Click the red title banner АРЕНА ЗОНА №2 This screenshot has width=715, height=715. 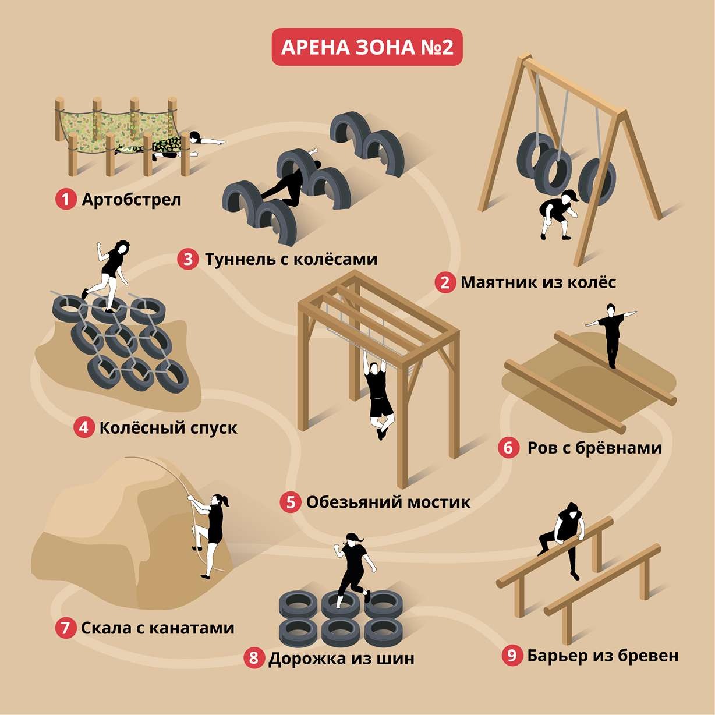pyautogui.click(x=367, y=47)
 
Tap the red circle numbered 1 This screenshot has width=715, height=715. pyautogui.click(x=66, y=200)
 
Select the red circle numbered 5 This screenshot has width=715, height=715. pyautogui.click(x=290, y=502)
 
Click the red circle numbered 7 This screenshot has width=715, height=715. pyautogui.click(x=65, y=628)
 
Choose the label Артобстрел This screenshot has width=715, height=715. pyautogui.click(x=132, y=200)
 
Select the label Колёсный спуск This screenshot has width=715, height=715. pyautogui.click(x=168, y=428)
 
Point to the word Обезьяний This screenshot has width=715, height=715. pyautogui.click(x=353, y=502)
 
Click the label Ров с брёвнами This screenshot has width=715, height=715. pyautogui.click(x=594, y=448)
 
